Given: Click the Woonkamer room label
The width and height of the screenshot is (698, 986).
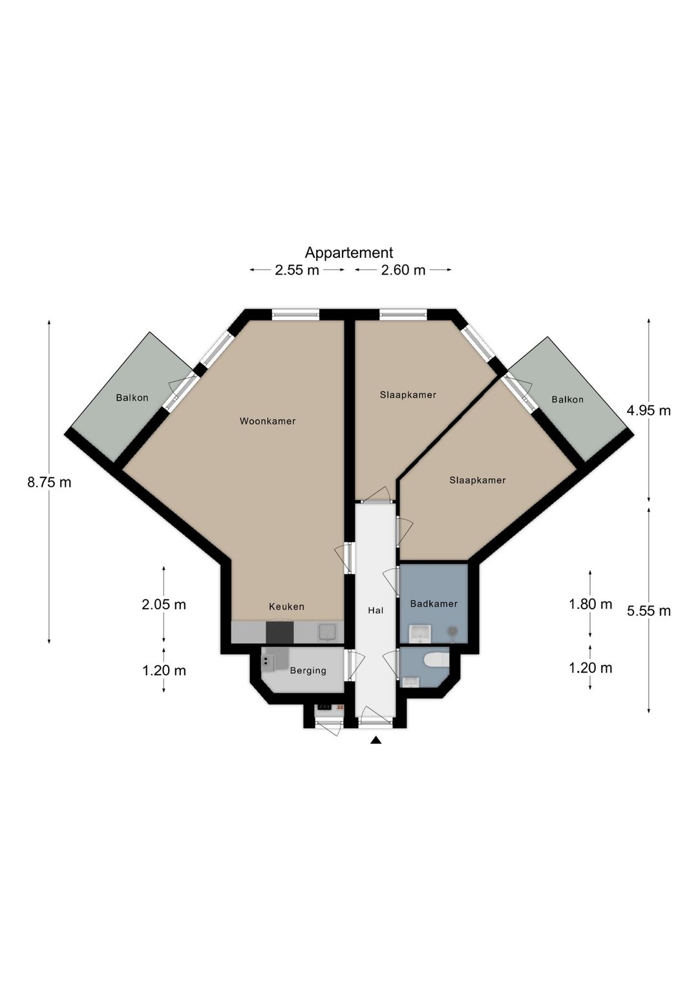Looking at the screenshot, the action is tap(268, 421).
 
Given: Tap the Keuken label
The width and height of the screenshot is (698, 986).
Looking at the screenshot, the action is tap(287, 607).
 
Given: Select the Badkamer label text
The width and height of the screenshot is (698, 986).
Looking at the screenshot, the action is tap(434, 604).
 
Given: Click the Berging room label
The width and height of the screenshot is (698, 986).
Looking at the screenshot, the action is tap(308, 671).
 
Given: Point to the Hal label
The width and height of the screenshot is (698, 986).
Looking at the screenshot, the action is tap(375, 611).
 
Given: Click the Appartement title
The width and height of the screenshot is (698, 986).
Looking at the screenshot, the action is tap(349, 253).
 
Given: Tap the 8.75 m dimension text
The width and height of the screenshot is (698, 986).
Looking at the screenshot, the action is tap(49, 483).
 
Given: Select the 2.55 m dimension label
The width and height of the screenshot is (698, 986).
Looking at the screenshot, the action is tap(297, 270).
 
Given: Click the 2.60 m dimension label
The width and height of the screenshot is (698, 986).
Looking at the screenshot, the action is tap(403, 270).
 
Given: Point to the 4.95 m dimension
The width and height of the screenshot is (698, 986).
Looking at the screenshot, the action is tap(648, 411).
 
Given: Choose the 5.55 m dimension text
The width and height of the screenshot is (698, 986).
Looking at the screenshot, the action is tap(649, 611).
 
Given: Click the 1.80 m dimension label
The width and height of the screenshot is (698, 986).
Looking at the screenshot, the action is tap(591, 604).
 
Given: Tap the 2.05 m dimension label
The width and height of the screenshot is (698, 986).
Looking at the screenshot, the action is tap(164, 605).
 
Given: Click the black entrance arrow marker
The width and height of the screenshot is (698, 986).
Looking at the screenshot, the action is tap(375, 741).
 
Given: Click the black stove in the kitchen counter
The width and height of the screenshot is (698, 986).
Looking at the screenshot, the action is tap(280, 633).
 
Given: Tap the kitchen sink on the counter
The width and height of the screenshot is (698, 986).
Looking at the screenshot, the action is tap(327, 632).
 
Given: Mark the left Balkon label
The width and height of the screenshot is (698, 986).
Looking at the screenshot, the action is tap(132, 398).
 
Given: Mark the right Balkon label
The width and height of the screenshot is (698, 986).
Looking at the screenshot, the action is tap(567, 400).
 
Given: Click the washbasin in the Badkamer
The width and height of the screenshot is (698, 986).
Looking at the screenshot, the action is tap(419, 633).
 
